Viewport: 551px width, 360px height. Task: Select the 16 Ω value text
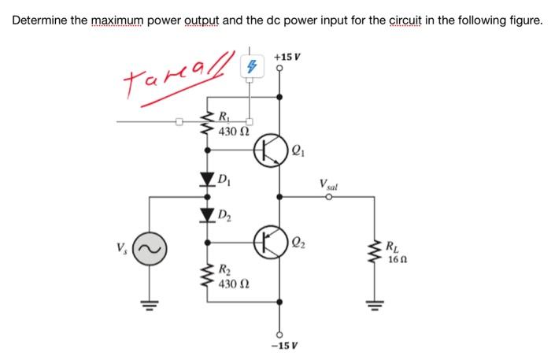(x=398, y=260)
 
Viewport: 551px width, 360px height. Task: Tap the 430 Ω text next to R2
(x=235, y=283)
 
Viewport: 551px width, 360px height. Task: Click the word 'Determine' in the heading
(x=39, y=18)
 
